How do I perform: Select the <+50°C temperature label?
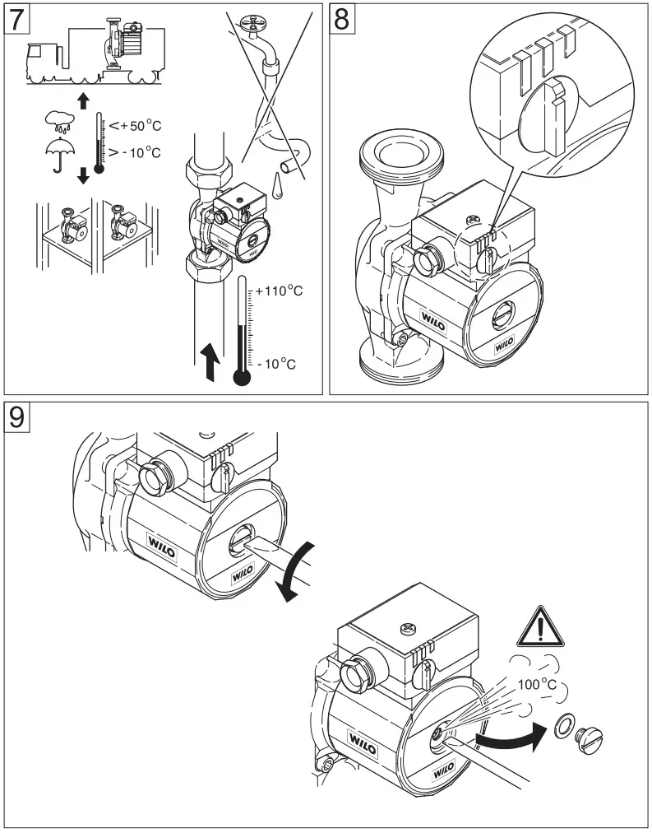131,125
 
